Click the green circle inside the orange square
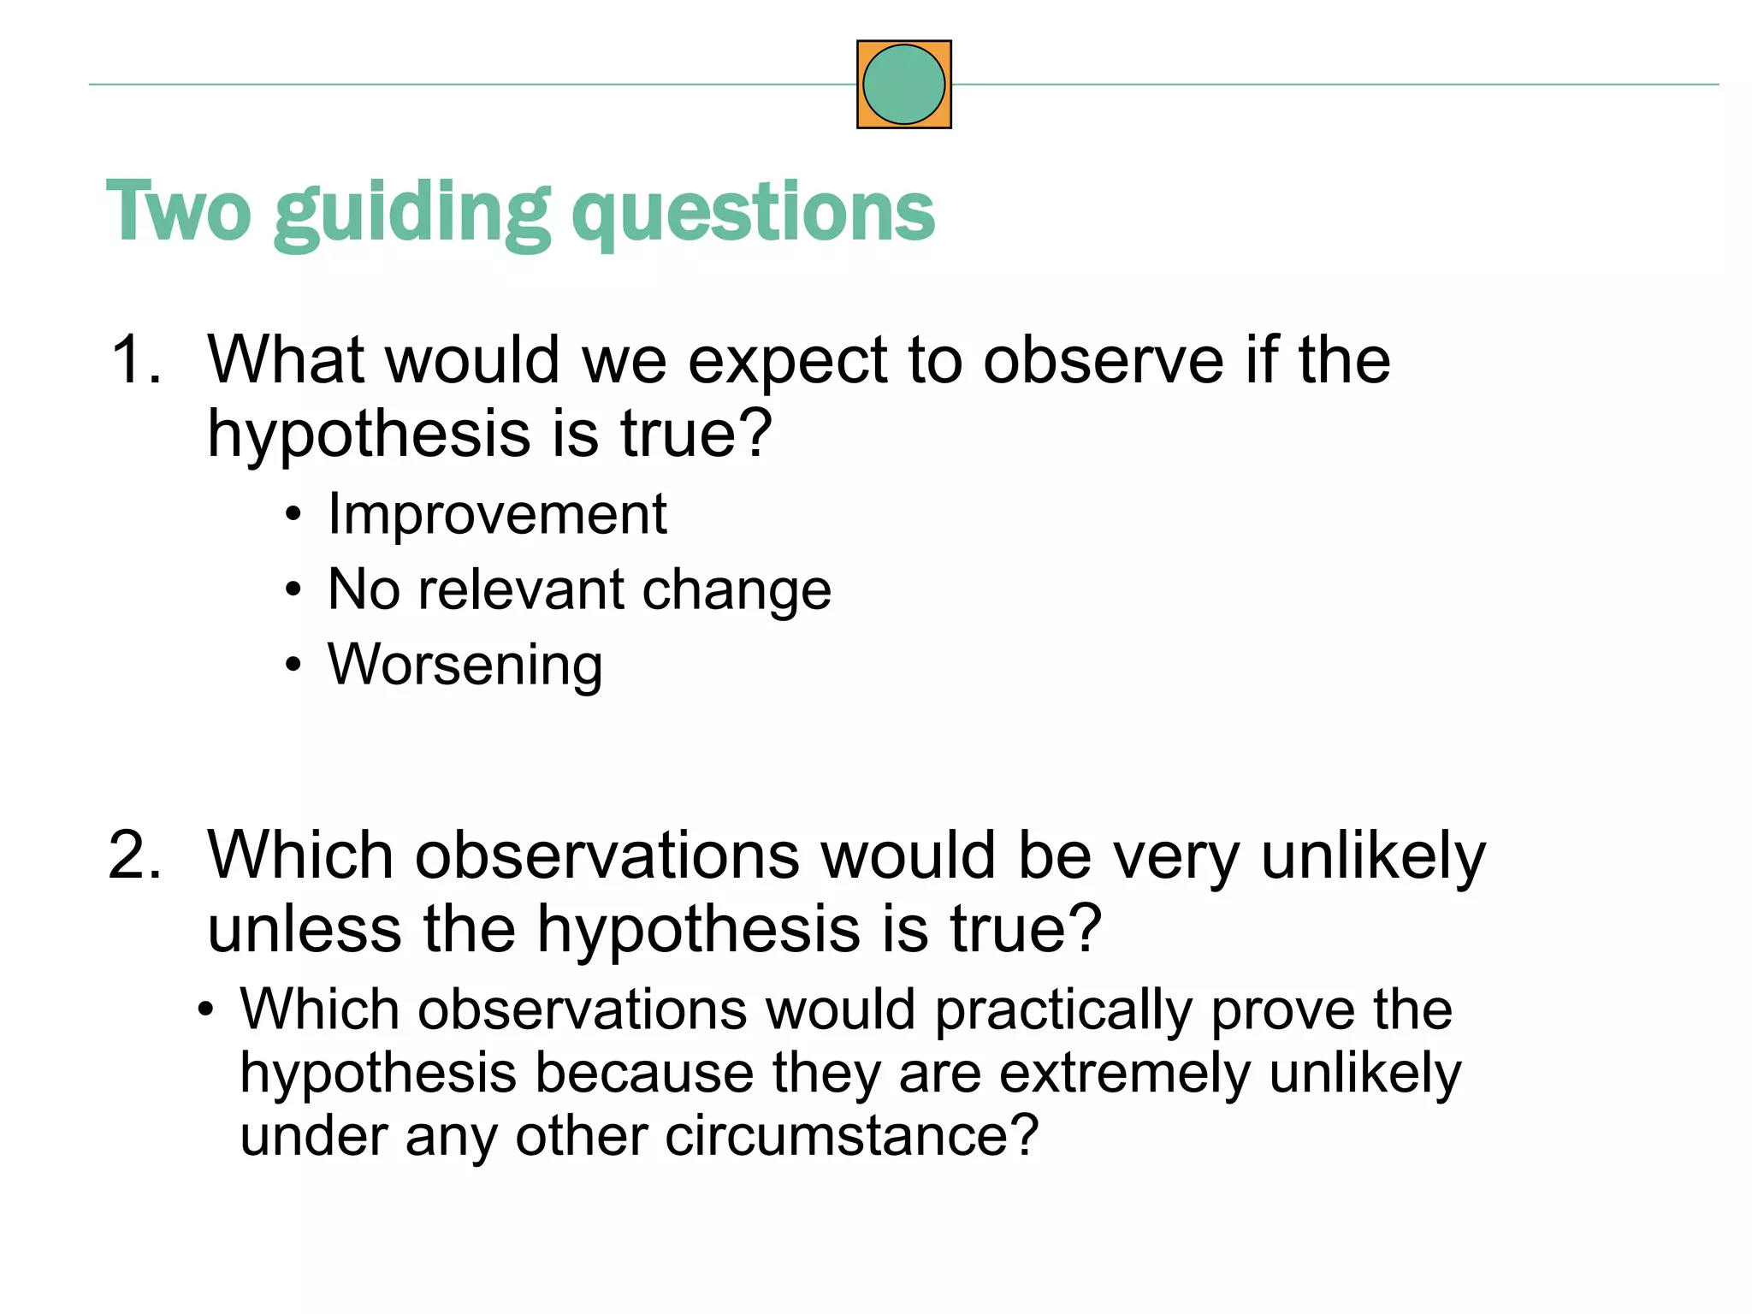[903, 85]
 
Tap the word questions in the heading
[753, 214]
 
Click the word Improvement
[497, 514]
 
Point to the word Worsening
[465, 665]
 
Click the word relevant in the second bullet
[521, 589]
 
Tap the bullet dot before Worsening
[293, 665]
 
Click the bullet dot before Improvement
[293, 514]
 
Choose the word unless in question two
[304, 929]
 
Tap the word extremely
[1125, 1074]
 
